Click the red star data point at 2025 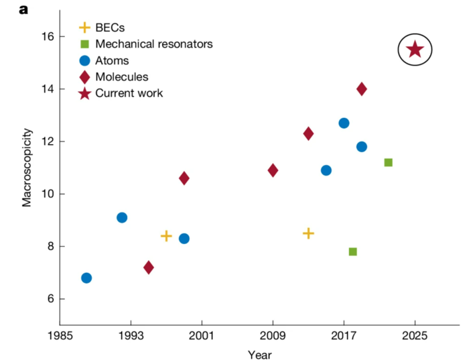click(x=415, y=50)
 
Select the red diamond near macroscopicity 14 click(x=362, y=89)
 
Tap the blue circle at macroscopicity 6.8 click(x=86, y=278)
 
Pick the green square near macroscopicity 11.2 click(x=388, y=162)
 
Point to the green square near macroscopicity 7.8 click(x=352, y=251)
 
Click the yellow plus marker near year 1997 click(x=166, y=236)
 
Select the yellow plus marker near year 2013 click(x=308, y=233)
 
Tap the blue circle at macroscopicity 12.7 click(x=344, y=123)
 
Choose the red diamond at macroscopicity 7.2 click(x=149, y=267)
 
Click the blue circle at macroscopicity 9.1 click(x=122, y=217)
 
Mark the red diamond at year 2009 click(x=273, y=170)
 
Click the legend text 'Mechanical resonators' click(x=154, y=44)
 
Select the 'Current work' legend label click(x=129, y=93)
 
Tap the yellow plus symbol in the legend click(x=84, y=28)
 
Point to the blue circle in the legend click(x=84, y=60)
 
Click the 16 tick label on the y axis click(x=45, y=36)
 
